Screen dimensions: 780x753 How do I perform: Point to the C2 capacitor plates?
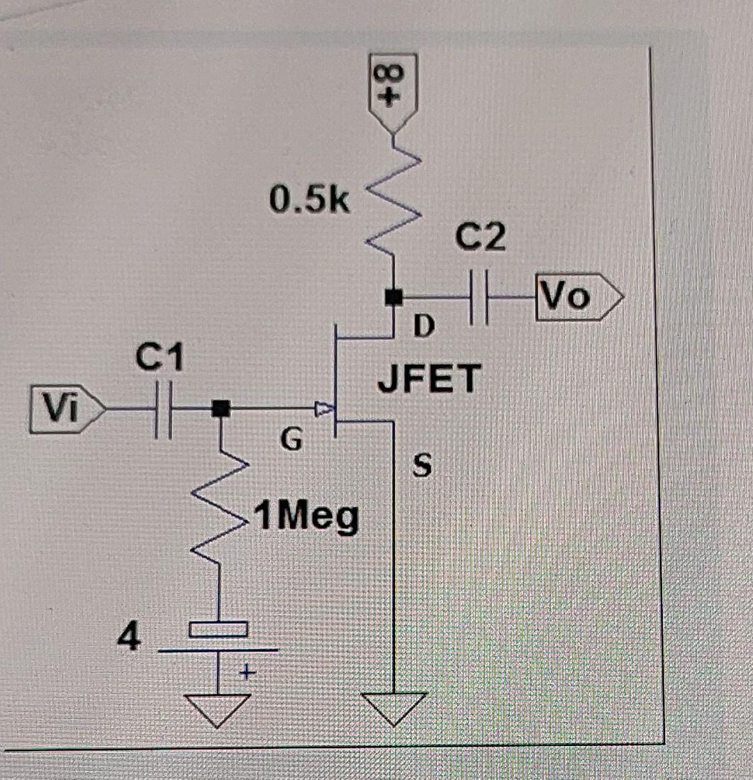tap(480, 296)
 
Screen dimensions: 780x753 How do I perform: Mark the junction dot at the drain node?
tap(391, 296)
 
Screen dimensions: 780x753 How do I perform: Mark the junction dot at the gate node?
tap(221, 408)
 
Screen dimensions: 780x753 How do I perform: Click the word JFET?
tap(430, 378)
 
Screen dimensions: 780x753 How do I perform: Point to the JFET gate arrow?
tap(323, 409)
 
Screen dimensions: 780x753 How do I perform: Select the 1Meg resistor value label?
tap(306, 520)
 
